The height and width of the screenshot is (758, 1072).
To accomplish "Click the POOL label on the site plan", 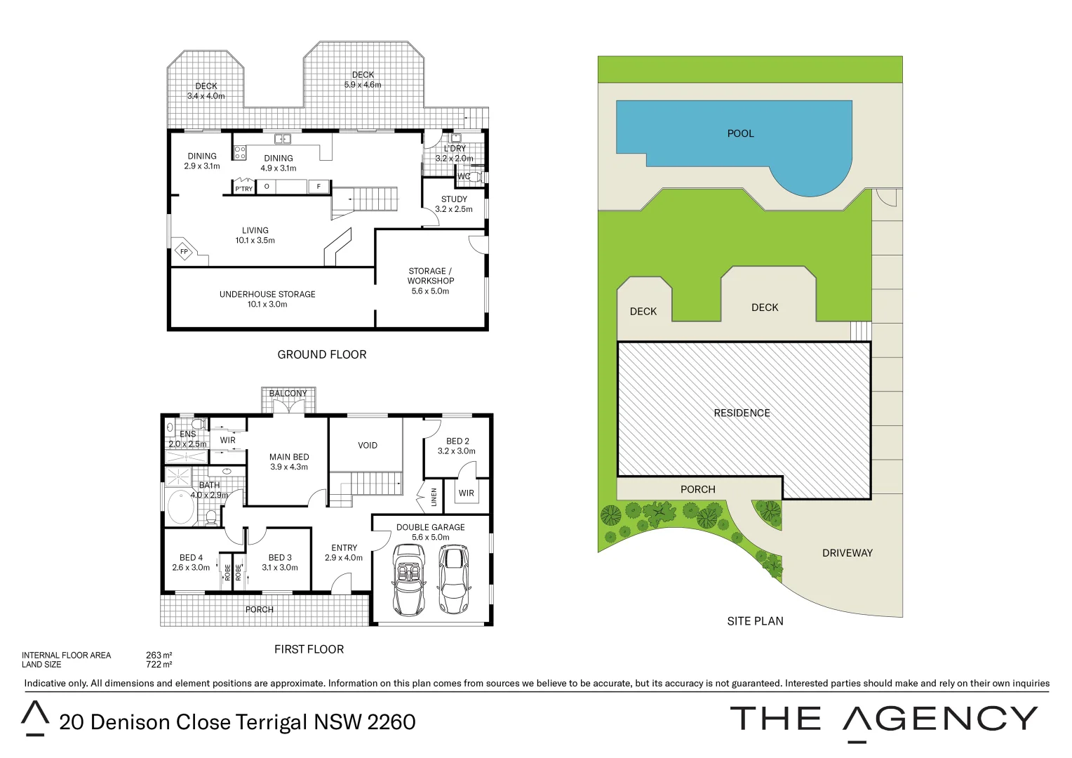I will [740, 133].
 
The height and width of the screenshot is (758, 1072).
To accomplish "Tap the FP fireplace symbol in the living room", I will [184, 251].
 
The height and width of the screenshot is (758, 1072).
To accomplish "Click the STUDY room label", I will [454, 199].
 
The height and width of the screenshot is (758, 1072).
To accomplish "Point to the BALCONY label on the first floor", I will [288, 394].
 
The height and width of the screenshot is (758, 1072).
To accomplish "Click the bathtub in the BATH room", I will [181, 508].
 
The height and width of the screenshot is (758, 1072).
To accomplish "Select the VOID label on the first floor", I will [368, 446].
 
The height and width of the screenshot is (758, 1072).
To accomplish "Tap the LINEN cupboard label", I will [434, 497].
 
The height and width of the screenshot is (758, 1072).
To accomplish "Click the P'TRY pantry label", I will [243, 189].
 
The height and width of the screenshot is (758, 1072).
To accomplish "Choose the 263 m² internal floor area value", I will [159, 656].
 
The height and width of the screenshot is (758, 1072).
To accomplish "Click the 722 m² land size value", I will [159, 665].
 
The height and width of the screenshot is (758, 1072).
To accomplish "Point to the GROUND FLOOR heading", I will [321, 354].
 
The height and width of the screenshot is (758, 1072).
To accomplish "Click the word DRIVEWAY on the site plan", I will [847, 553].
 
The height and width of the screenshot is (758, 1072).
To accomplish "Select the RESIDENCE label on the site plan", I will [742, 413].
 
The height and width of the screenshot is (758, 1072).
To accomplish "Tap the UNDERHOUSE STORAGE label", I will [267, 294].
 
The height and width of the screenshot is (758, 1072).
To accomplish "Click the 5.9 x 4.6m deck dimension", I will [363, 85].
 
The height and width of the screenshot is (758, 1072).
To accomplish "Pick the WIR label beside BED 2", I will [467, 493].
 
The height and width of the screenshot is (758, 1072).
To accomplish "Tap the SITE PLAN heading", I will [755, 621].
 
